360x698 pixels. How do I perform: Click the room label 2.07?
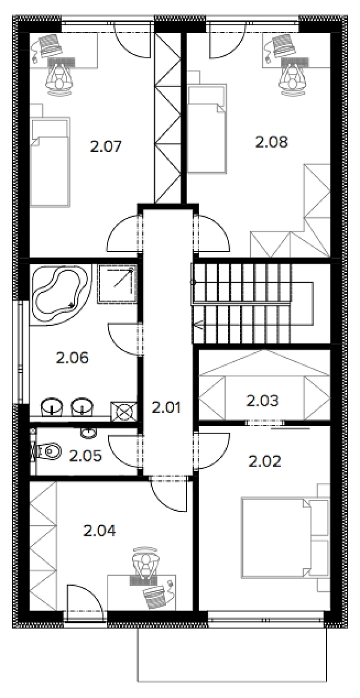(106, 146)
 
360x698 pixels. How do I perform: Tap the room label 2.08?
(271, 142)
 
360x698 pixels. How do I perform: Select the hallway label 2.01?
(166, 408)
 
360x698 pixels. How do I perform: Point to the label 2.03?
(263, 401)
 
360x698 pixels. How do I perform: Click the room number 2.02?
(265, 462)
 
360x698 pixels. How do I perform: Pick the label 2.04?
(100, 530)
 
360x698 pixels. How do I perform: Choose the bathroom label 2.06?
(73, 358)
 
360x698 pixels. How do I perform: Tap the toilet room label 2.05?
(85, 456)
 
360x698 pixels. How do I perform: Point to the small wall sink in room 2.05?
(88, 431)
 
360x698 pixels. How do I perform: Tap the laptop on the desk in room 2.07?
(52, 45)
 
